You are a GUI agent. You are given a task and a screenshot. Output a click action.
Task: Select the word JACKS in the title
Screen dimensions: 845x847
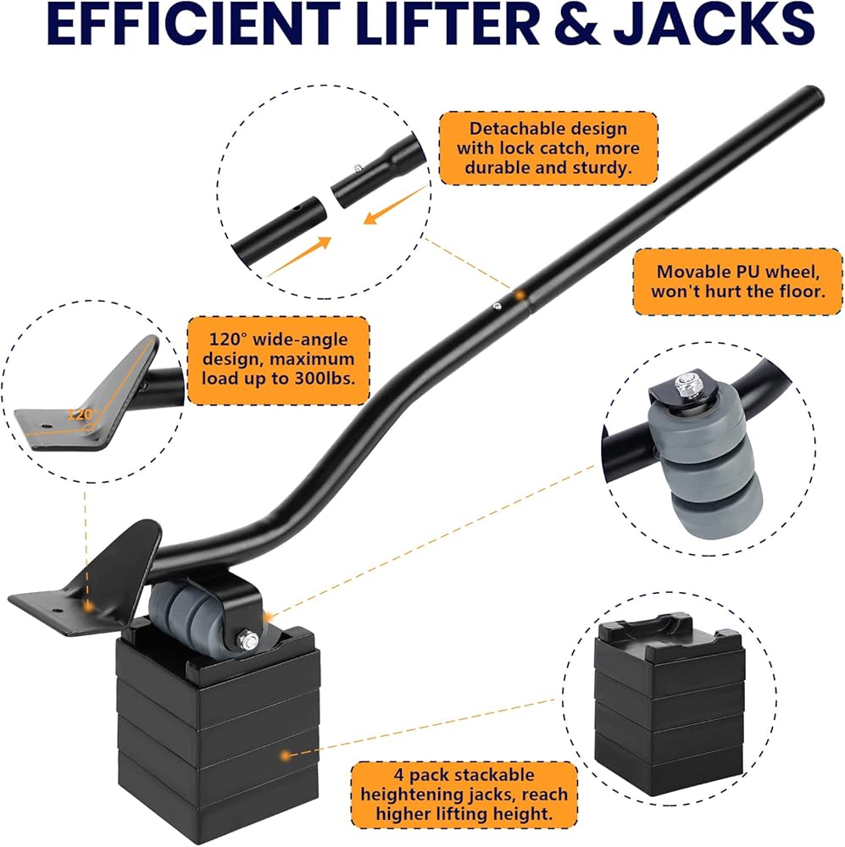[x=714, y=24]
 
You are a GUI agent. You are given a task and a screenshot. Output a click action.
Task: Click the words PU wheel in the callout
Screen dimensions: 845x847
[x=774, y=271]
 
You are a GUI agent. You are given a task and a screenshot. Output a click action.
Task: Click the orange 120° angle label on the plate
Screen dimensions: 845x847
[x=81, y=414]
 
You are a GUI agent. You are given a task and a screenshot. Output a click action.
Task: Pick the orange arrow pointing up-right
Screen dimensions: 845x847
[x=298, y=257]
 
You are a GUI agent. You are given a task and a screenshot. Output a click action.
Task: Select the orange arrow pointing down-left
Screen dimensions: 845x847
[x=395, y=205]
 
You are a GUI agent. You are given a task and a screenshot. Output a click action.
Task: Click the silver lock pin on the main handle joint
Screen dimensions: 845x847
[x=497, y=307]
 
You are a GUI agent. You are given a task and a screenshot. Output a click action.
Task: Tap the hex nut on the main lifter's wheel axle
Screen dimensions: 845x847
[x=250, y=640]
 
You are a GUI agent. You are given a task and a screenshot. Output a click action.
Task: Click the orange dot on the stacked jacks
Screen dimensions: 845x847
[x=286, y=755]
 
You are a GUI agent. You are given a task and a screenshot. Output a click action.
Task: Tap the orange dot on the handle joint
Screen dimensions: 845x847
[x=519, y=296]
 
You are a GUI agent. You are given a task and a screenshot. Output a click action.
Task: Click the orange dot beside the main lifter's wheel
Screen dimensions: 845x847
[x=267, y=616]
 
